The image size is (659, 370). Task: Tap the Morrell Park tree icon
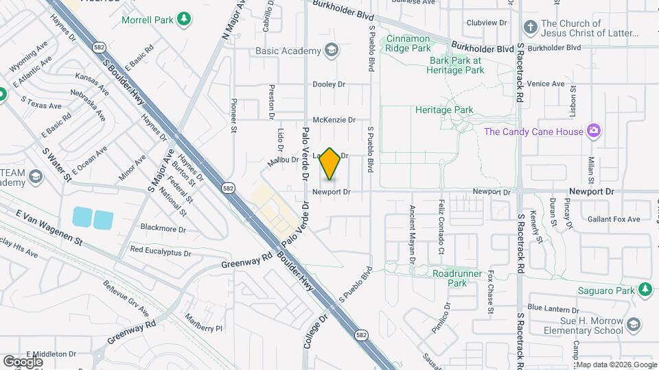click(x=183, y=19)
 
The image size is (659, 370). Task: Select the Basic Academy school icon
click(x=332, y=50)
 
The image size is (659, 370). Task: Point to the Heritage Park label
click(x=444, y=110)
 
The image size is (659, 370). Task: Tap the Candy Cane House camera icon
click(x=594, y=131)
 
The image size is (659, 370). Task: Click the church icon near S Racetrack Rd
click(x=530, y=27)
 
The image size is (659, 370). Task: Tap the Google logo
click(x=23, y=361)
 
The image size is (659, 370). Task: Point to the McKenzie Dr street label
click(x=334, y=119)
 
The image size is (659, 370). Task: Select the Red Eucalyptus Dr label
click(x=161, y=252)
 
